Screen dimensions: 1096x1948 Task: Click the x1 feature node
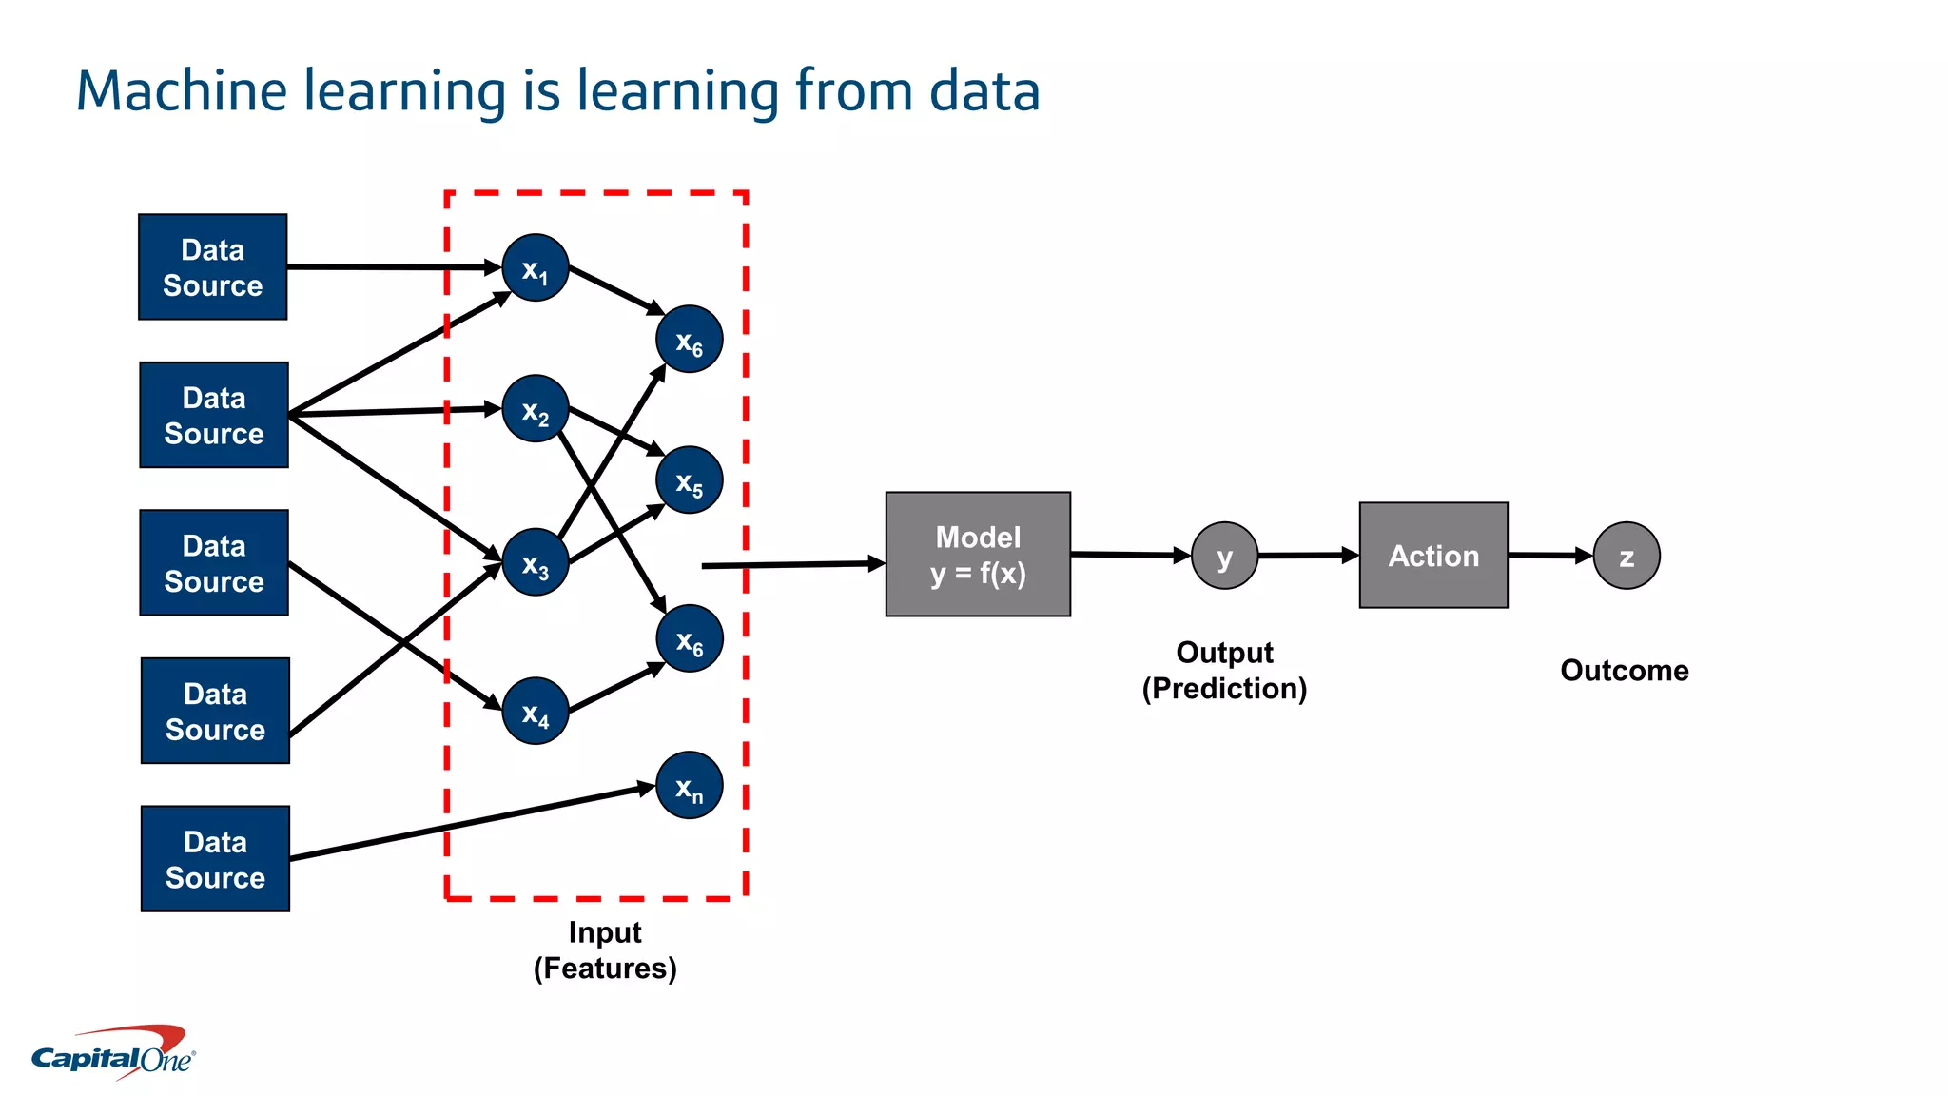pyautogui.click(x=536, y=268)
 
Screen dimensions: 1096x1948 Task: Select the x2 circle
pyautogui.click(x=536, y=409)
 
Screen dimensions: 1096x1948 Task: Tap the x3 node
pyautogui.click(x=536, y=562)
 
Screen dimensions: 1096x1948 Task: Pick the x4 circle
pyautogui.click(x=536, y=711)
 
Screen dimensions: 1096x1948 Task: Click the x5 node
pyautogui.click(x=690, y=480)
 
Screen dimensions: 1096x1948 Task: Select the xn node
pyautogui.click(x=690, y=786)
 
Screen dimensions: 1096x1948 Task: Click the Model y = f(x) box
pyautogui.click(x=978, y=555)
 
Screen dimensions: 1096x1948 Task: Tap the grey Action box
pyautogui.click(x=1433, y=556)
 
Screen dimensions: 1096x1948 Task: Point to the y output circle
pyautogui.click(x=1224, y=556)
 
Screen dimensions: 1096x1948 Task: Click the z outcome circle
pyautogui.click(x=1627, y=556)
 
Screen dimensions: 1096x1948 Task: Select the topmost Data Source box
pyautogui.click(x=213, y=267)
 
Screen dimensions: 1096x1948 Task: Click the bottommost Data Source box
pyautogui.click(x=215, y=859)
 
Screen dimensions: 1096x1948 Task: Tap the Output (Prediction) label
pyautogui.click(x=1224, y=670)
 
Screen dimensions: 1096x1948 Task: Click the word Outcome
pyautogui.click(x=1624, y=670)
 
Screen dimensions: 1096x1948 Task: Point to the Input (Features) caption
pyautogui.click(x=605, y=949)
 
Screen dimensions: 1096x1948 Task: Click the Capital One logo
pyautogui.click(x=114, y=1052)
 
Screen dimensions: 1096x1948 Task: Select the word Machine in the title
pyautogui.click(x=182, y=91)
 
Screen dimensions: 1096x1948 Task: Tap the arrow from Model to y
pyautogui.click(x=1129, y=554)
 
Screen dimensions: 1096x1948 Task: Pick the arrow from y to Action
pyautogui.click(x=1307, y=555)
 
